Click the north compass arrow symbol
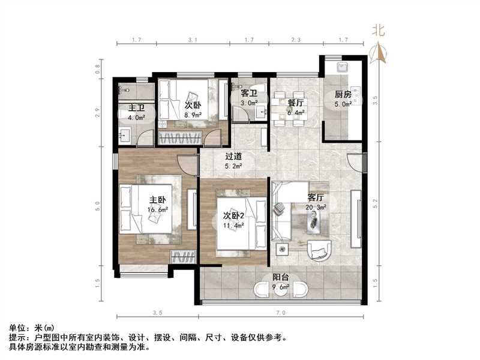(x=379, y=53)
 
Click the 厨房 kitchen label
(x=343, y=94)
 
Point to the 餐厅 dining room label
(x=295, y=103)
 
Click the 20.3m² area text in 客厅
(x=316, y=208)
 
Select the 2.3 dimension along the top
(x=296, y=41)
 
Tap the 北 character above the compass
(x=378, y=31)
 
